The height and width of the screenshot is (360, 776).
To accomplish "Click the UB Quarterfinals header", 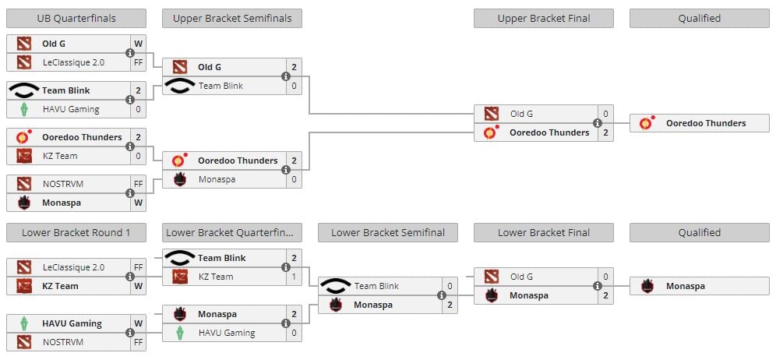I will click(x=76, y=18).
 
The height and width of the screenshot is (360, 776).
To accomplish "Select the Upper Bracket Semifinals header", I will click(x=231, y=18).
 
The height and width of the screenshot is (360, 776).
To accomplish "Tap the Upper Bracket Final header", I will click(x=543, y=18).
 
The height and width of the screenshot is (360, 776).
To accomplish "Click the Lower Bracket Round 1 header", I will click(x=76, y=232).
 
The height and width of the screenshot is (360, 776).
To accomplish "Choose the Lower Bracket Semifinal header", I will click(x=387, y=232).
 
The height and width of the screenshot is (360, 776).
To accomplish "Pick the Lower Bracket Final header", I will click(x=543, y=232).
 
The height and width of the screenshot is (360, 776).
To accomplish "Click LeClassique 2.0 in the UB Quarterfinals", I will click(x=72, y=62).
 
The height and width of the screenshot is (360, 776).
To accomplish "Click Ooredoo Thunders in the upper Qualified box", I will click(x=705, y=123).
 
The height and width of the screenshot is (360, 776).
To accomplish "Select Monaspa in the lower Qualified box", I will click(x=685, y=286).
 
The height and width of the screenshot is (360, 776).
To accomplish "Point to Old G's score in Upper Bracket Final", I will click(x=605, y=114).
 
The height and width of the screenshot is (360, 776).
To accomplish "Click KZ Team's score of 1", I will click(x=294, y=277).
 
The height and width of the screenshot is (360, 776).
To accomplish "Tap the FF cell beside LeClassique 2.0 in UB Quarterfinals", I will click(x=138, y=62).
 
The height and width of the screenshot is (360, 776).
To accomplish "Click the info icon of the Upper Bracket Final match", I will click(x=598, y=123).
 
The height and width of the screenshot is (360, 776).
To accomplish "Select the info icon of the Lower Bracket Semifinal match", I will click(x=442, y=295).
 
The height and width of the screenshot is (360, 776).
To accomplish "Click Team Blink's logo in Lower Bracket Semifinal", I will click(x=335, y=286).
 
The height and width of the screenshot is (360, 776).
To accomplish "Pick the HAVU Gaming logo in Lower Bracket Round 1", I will click(x=24, y=323).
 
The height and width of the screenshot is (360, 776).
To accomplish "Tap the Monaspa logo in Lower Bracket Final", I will click(x=491, y=295).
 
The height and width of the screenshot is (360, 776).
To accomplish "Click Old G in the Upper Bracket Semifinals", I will click(x=210, y=67).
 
